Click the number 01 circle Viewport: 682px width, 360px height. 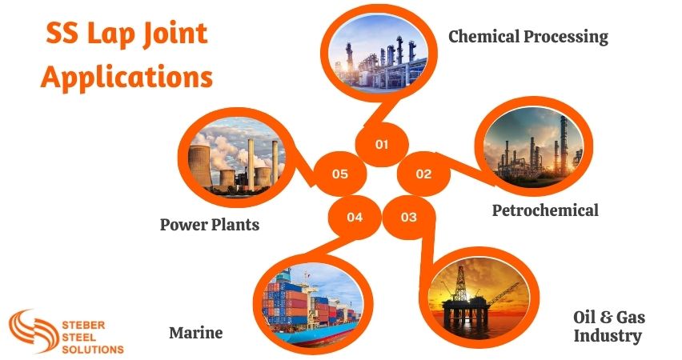[x=382, y=145]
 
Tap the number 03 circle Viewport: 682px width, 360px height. [x=409, y=217]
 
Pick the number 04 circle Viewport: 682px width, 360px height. [x=355, y=217]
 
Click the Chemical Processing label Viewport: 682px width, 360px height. [x=528, y=37]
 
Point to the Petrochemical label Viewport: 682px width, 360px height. [x=545, y=210]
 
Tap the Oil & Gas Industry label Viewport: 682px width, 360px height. [x=608, y=326]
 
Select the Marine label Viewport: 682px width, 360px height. [x=195, y=332]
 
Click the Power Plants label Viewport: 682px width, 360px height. [x=210, y=224]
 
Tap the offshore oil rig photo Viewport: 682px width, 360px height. [x=475, y=296]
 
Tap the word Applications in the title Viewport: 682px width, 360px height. [x=127, y=78]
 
